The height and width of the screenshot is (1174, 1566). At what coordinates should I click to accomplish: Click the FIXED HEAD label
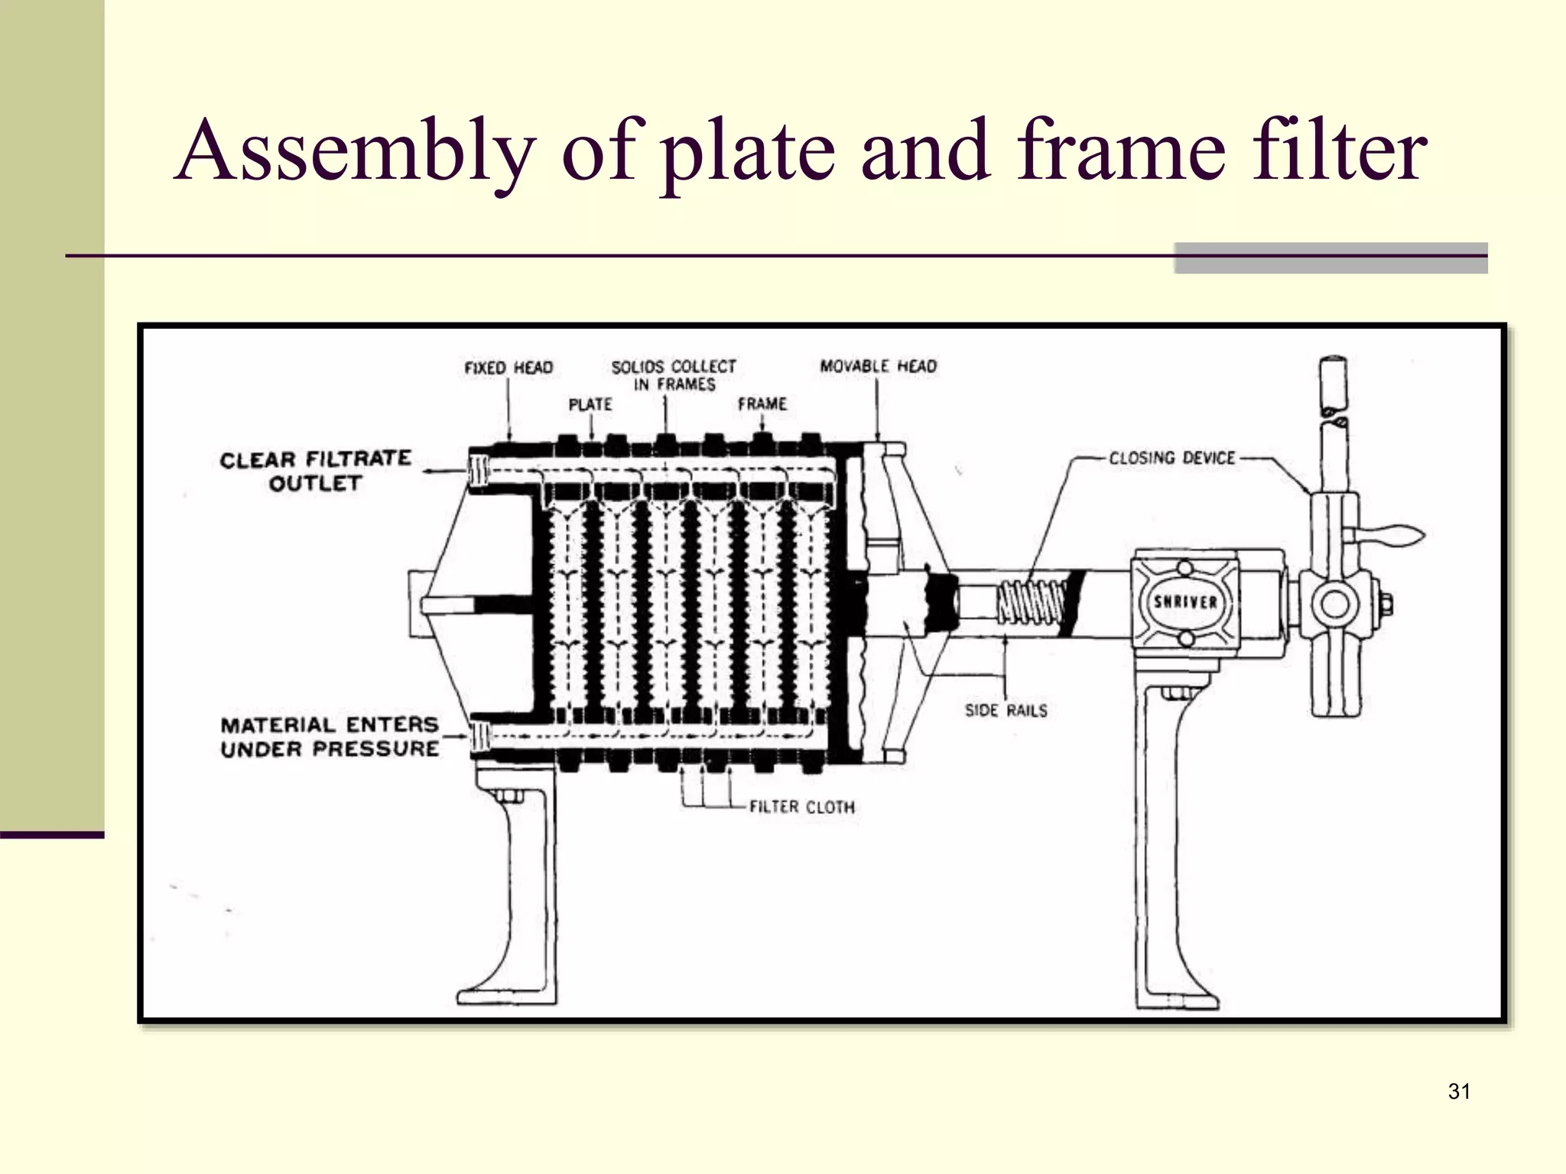click(x=508, y=368)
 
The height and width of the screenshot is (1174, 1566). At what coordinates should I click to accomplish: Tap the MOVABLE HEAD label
click(x=878, y=366)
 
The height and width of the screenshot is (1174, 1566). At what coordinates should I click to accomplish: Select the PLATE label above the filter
click(x=590, y=404)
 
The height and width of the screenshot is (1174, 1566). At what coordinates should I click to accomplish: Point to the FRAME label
click(x=762, y=404)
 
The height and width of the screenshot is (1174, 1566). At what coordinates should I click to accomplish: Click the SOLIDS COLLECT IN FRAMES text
click(x=674, y=375)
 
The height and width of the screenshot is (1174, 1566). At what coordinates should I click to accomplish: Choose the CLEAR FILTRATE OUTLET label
click(x=315, y=471)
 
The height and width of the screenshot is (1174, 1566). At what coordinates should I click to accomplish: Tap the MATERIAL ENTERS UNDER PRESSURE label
click(x=330, y=737)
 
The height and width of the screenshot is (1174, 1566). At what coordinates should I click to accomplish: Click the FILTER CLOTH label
click(x=801, y=807)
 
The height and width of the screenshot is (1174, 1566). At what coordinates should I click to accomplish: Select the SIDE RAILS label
click(x=1006, y=711)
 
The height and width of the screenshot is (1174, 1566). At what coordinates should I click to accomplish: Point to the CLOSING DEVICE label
click(x=1171, y=458)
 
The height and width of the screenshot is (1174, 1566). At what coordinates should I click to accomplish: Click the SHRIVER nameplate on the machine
click(x=1184, y=602)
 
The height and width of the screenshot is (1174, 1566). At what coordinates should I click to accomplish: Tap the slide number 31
click(x=1459, y=1091)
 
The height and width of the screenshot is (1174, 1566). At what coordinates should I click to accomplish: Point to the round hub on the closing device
click(x=1335, y=605)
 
